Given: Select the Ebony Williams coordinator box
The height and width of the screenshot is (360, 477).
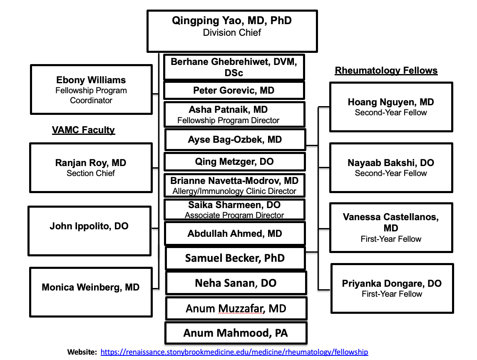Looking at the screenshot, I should [91, 89].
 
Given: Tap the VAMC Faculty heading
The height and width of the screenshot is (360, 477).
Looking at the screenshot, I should [83, 130].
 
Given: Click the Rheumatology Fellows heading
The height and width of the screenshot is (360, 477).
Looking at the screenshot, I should [386, 71].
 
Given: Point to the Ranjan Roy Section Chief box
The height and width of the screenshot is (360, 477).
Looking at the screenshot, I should [91, 167].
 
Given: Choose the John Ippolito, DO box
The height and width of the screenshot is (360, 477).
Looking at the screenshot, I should [89, 231].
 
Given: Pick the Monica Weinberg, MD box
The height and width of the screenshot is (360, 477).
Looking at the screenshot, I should [91, 292].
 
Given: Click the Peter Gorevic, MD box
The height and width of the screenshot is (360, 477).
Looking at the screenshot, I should [234, 90].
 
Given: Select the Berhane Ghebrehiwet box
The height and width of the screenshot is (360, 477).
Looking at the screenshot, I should [234, 67].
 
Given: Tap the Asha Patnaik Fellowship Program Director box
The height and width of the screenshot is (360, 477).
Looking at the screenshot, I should [234, 114].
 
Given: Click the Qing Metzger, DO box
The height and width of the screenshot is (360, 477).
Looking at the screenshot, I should [234, 161].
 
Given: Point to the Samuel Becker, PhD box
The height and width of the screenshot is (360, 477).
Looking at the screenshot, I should [235, 258].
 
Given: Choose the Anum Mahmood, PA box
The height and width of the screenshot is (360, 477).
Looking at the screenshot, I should [236, 333].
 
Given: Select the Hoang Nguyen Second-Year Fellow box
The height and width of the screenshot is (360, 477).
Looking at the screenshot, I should [391, 107].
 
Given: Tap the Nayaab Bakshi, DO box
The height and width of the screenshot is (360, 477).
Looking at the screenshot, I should [391, 167].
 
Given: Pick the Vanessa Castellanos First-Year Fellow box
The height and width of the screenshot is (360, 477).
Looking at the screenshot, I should [391, 227].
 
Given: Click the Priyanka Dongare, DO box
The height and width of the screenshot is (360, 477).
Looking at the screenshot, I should [392, 288].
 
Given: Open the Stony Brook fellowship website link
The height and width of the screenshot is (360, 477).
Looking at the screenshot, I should [234, 352].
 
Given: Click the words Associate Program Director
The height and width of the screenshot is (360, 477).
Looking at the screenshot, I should [234, 216].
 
